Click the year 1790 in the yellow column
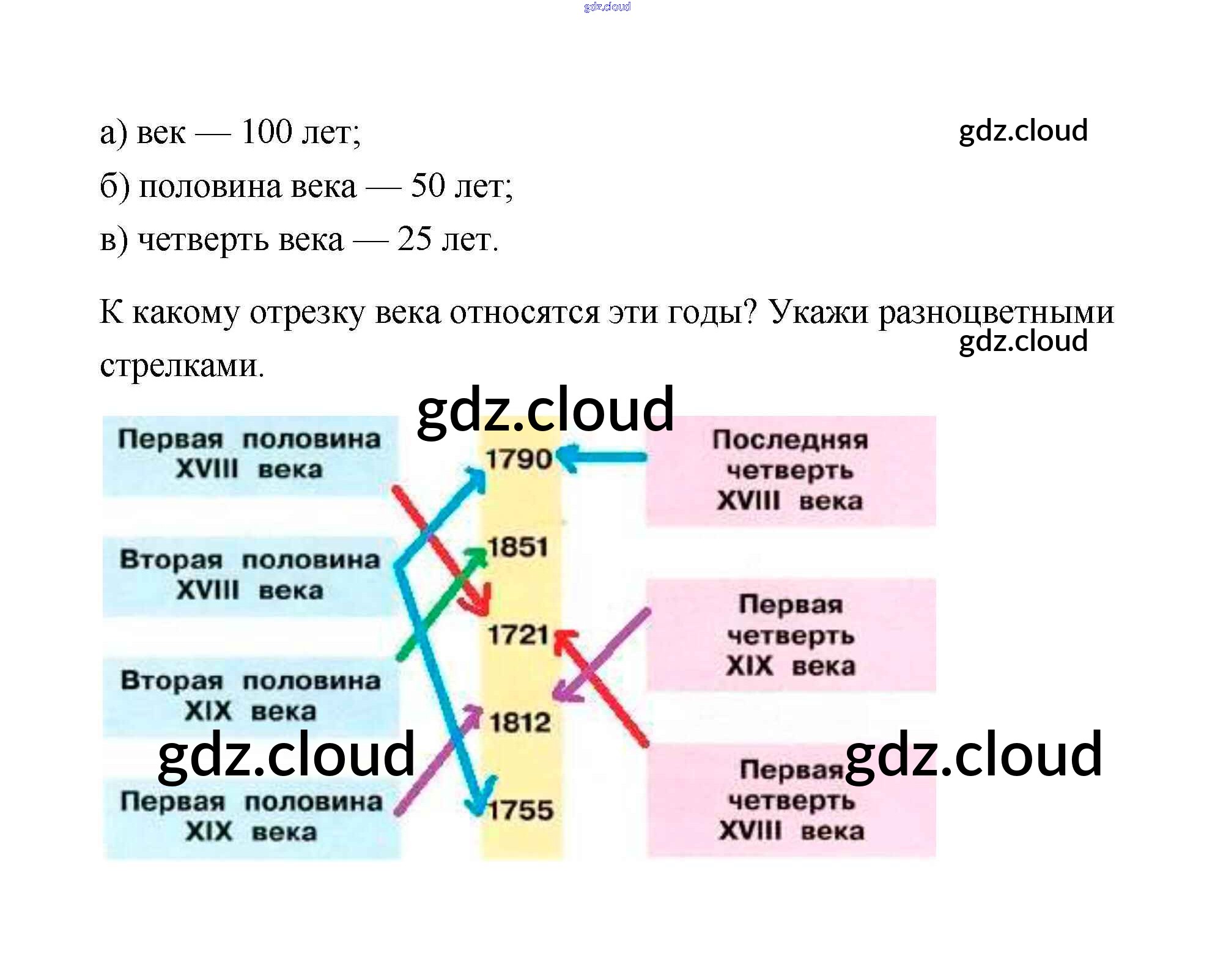(x=518, y=459)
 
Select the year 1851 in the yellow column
(x=518, y=547)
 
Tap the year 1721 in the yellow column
(x=518, y=635)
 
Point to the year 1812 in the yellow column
(x=520, y=723)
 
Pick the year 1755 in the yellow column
(x=520, y=810)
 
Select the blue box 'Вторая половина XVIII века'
(x=249, y=575)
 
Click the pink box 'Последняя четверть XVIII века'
(x=790, y=470)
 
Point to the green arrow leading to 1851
(x=440, y=602)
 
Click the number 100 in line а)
(x=267, y=131)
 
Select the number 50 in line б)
(x=427, y=185)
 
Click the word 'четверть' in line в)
(x=202, y=240)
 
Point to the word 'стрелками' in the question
(x=182, y=366)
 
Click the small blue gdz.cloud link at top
(x=607, y=7)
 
